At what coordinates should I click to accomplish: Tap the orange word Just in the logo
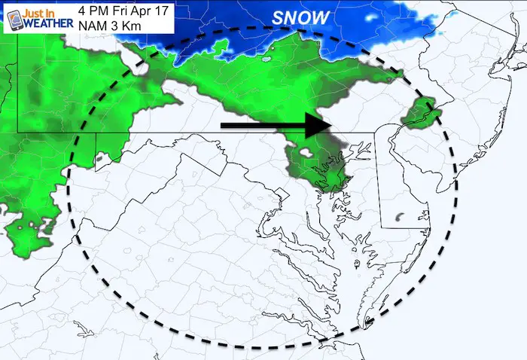click(x=33, y=12)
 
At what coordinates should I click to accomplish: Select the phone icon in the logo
click(x=11, y=19)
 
